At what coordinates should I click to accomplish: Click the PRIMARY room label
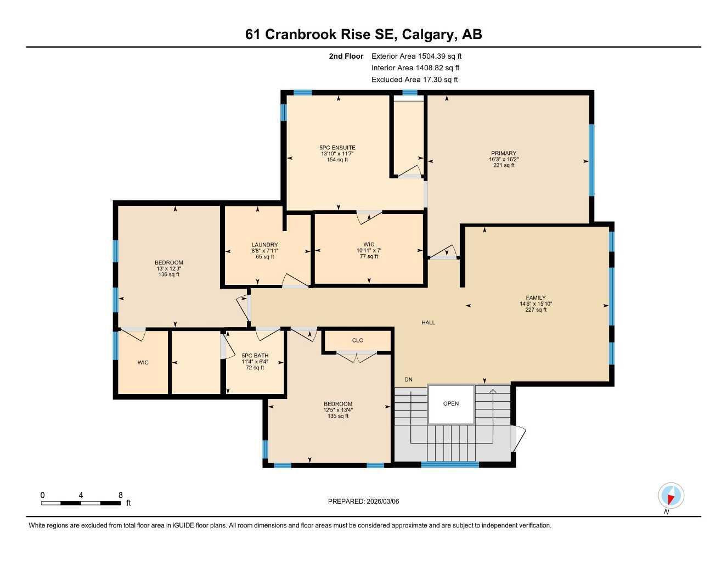pos(503,154)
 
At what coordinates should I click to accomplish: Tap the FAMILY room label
pos(536,298)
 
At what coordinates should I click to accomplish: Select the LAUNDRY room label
pos(264,245)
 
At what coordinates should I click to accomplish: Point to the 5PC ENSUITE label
pos(337,148)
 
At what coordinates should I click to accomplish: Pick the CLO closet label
pos(358,340)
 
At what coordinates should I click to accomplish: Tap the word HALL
pos(428,323)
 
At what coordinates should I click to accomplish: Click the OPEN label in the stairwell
pos(451,404)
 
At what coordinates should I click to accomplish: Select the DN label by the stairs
pos(408,380)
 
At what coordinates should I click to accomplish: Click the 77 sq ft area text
pos(369,256)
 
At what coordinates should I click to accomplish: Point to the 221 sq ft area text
pos(503,165)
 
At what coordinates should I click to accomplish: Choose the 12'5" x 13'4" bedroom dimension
pos(337,410)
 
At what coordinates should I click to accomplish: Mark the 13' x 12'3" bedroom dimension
pos(168,268)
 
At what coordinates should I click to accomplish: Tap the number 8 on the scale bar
pos(120,495)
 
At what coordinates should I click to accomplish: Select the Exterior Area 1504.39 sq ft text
pos(416,56)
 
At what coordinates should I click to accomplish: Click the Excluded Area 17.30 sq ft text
pos(414,80)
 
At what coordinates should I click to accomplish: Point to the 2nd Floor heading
pos(346,56)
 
